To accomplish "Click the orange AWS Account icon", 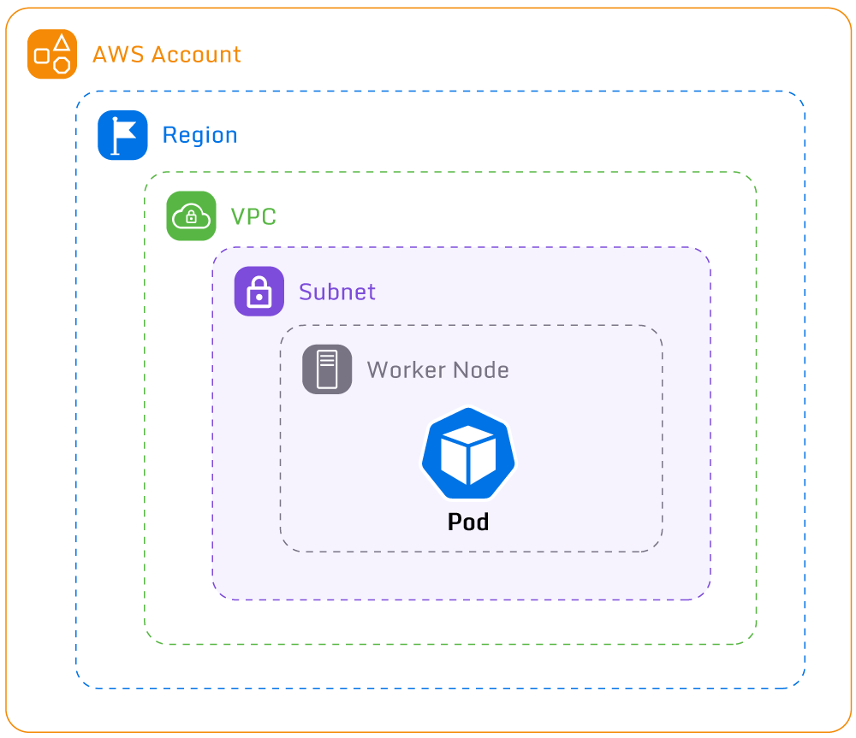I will (52, 54).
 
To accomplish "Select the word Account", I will (196, 55).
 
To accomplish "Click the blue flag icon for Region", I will (122, 135).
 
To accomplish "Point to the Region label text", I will (199, 135).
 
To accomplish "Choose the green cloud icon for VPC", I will (191, 215).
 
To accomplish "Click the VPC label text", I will (253, 216).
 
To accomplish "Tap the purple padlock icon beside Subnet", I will (259, 292).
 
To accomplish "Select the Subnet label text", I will (337, 292).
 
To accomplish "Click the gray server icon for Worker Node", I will (327, 369).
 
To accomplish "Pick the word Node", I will (480, 370).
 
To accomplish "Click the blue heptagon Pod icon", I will (468, 454).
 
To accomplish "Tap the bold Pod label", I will (468, 522).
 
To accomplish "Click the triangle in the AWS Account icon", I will (62, 43).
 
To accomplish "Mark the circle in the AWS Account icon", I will (62, 65).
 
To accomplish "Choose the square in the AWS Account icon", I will (42, 56).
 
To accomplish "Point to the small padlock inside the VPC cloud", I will (191, 219).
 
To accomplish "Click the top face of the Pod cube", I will (468, 438).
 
